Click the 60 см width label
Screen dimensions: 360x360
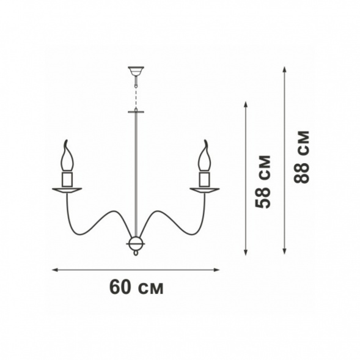click(x=136, y=287)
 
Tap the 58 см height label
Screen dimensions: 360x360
click(x=263, y=182)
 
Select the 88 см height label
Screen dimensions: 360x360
click(x=302, y=157)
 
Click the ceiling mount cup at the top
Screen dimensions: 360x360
click(x=136, y=71)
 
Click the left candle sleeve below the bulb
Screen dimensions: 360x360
click(x=67, y=179)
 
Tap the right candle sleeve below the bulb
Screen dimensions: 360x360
click(x=204, y=179)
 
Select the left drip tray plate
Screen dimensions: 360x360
click(x=67, y=190)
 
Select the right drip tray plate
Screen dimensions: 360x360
click(x=204, y=190)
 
